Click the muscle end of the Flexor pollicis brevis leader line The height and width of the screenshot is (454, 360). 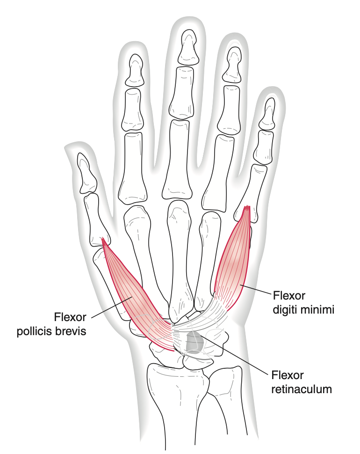point(132,297)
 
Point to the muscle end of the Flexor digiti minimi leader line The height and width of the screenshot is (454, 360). point(240,286)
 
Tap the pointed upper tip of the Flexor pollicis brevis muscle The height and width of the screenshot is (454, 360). point(102,238)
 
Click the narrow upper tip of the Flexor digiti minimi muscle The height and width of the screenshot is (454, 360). point(247,206)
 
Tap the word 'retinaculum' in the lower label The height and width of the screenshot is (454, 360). point(301,389)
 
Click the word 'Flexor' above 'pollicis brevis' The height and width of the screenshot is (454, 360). point(70,317)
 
